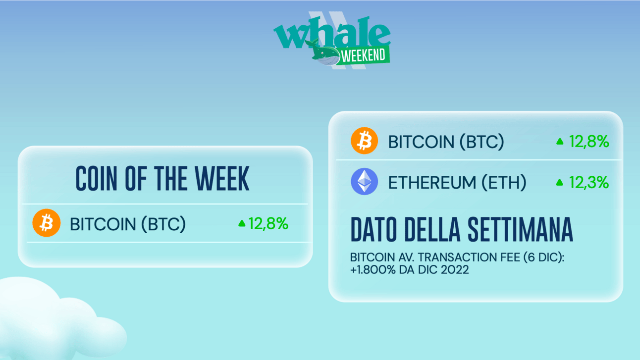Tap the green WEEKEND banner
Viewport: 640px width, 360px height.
363,55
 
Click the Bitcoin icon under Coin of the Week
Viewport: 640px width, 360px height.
46,223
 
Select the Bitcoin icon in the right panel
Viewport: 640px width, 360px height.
364,141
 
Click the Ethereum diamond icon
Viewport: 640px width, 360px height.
364,181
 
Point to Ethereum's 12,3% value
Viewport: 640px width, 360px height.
589,182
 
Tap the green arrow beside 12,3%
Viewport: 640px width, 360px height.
560,183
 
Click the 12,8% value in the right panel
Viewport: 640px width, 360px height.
589,142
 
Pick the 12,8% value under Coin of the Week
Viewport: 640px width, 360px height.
268,223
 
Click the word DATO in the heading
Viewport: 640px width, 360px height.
373,229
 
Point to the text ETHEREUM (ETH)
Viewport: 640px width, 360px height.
457,182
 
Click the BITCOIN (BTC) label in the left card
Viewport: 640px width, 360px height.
128,224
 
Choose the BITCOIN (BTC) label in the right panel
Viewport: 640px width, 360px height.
446,142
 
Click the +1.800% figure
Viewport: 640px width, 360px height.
373,270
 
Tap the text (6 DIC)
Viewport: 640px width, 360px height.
544,257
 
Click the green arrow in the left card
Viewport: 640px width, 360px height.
242,223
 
